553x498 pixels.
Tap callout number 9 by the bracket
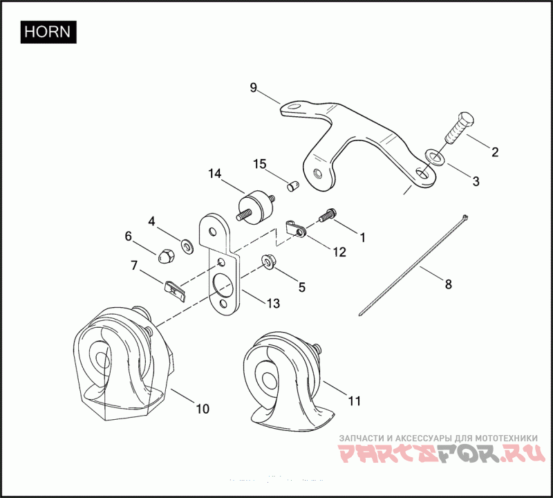click(x=253, y=87)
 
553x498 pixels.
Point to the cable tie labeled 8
click(x=415, y=264)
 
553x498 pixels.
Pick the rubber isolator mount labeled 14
click(x=252, y=205)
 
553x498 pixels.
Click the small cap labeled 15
click(x=292, y=185)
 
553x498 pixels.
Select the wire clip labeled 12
click(x=296, y=228)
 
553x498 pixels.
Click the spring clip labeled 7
click(x=176, y=288)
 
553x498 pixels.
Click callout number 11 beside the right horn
click(x=355, y=400)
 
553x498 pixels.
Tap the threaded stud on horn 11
click(x=318, y=349)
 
